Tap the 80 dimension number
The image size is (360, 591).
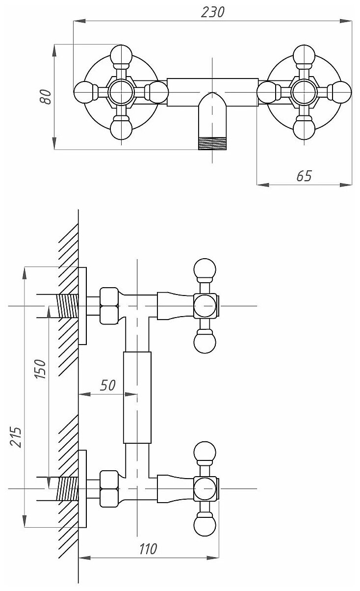click(45, 96)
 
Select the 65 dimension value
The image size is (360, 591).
click(304, 176)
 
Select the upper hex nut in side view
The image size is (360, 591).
click(109, 305)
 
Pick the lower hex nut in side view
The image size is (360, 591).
click(109, 488)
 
